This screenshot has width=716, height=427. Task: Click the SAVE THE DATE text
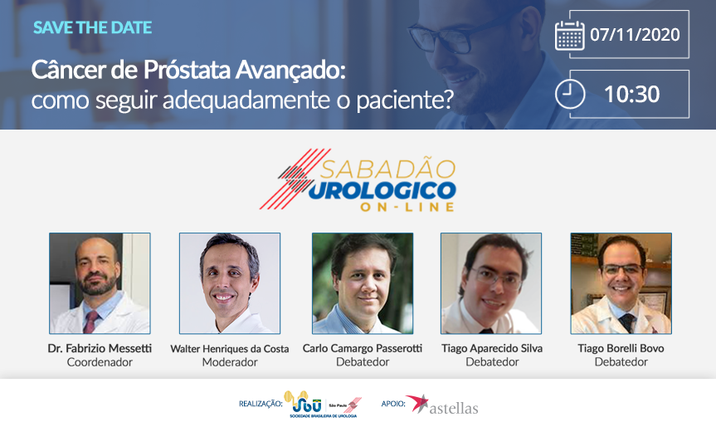click(92, 27)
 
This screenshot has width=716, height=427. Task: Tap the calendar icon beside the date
click(569, 35)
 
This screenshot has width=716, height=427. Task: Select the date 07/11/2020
click(635, 35)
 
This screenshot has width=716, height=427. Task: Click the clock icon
click(570, 94)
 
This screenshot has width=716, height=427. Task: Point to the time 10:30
click(632, 94)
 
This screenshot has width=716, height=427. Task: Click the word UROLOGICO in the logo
click(382, 190)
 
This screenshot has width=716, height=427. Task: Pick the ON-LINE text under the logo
click(407, 207)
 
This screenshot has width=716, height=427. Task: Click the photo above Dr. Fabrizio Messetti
click(100, 283)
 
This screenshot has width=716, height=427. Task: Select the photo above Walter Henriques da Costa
click(230, 283)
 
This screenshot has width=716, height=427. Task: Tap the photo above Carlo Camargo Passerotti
click(363, 283)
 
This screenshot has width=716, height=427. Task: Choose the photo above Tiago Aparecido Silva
click(491, 283)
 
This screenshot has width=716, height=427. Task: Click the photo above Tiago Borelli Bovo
click(621, 283)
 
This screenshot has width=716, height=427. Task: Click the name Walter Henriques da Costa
click(230, 349)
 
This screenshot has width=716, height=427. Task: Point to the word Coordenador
click(100, 362)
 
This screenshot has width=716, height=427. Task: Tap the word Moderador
click(230, 362)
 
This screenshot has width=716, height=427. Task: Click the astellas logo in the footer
click(442, 405)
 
